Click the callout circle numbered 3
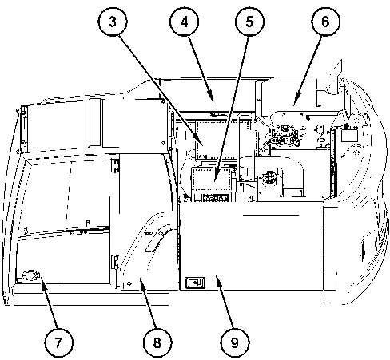[x=113, y=22]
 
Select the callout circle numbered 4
[x=185, y=22]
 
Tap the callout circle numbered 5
[x=249, y=22]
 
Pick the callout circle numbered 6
[x=325, y=22]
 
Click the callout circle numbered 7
[x=58, y=342]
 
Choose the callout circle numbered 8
[x=157, y=342]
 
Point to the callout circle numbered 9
[x=235, y=342]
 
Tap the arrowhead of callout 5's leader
[x=216, y=179]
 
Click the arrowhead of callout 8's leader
[x=141, y=281]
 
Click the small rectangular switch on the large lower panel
[x=195, y=282]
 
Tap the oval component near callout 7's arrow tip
[x=31, y=275]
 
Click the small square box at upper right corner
[x=349, y=135]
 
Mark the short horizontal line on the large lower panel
[x=271, y=215]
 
